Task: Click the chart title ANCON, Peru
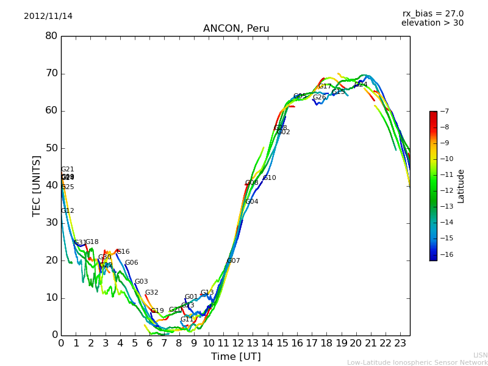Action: [x=236, y=29]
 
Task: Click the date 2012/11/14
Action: [x=48, y=16]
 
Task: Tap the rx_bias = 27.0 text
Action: [x=432, y=14]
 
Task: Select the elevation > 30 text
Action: [x=432, y=23]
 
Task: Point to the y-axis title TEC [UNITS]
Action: [x=37, y=185]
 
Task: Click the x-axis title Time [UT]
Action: [x=235, y=356]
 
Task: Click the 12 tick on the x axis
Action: [x=239, y=343]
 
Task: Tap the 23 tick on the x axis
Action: [x=401, y=343]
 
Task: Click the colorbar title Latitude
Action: [x=461, y=186]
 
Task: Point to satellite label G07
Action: [x=233, y=261]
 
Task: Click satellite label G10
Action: [x=269, y=178]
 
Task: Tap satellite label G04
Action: [x=251, y=202]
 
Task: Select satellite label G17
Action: [x=325, y=87]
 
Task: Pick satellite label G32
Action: [x=151, y=293]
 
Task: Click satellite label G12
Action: [x=67, y=211]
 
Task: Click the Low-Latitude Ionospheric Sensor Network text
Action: [x=417, y=362]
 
